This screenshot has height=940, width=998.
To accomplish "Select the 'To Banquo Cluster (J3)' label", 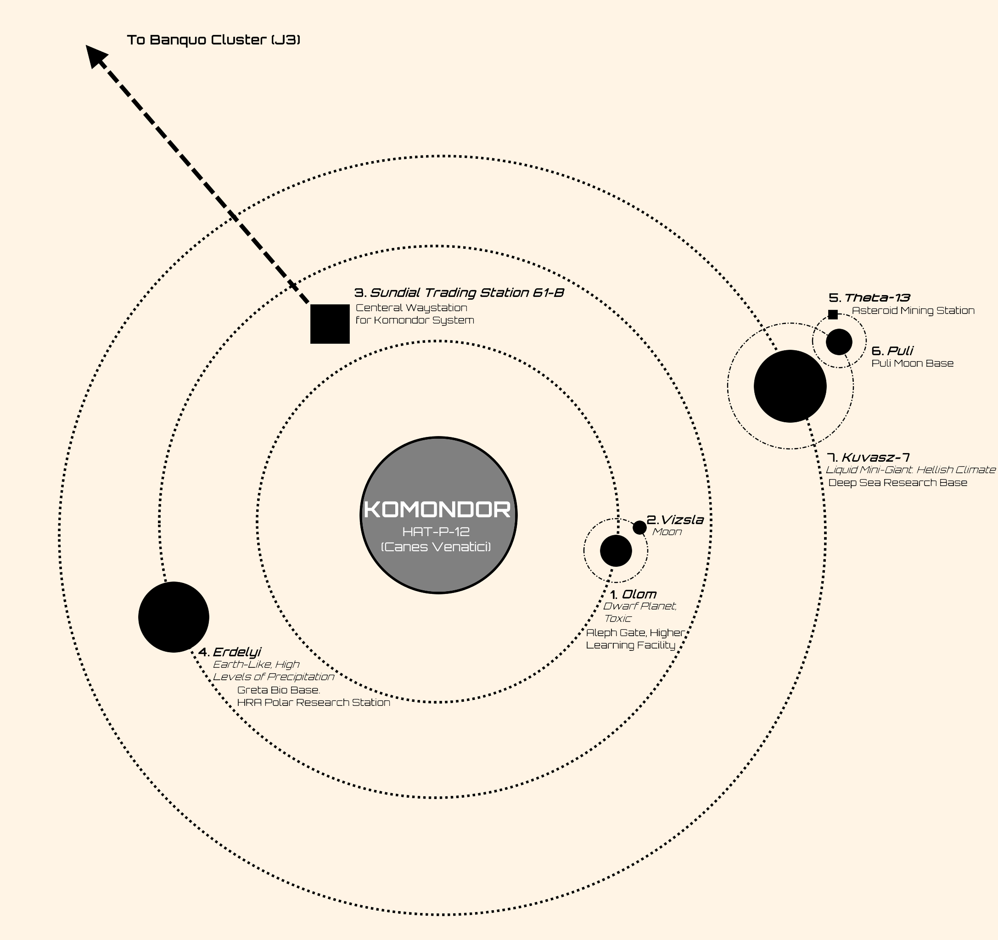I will click(213, 39).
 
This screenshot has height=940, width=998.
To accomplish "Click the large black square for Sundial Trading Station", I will click(330, 324).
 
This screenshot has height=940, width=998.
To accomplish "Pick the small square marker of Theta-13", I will click(832, 315).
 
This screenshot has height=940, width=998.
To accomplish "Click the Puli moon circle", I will click(839, 342).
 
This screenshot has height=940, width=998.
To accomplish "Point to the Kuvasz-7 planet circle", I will click(790, 386).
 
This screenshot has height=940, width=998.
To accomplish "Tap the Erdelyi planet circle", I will click(174, 617).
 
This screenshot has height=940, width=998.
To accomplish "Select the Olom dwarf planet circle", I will click(616, 550).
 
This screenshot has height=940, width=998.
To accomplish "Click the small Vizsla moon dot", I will click(639, 527).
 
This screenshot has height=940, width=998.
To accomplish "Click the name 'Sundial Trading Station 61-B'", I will click(466, 292).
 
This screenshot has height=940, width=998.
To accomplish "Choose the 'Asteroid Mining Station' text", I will click(913, 311).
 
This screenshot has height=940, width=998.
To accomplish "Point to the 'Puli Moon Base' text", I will click(912, 364).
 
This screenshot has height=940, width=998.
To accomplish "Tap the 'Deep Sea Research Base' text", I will click(897, 483).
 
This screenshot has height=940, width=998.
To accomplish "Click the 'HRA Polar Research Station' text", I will click(313, 703).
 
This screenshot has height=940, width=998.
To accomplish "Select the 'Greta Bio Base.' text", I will click(279, 690).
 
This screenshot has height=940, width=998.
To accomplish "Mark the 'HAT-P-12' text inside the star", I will click(436, 532).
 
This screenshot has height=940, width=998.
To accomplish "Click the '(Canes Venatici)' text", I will click(436, 547).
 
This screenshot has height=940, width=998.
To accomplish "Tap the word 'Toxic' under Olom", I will click(617, 619).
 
